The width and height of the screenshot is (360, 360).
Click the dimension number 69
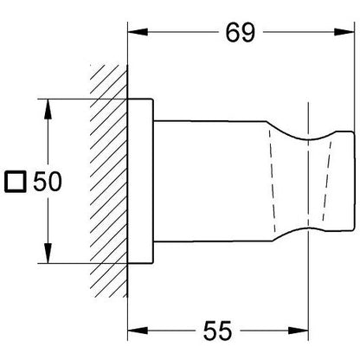(x=241, y=32)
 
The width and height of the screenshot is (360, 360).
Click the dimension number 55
(x=217, y=331)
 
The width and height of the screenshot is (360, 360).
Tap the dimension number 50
(x=48, y=181)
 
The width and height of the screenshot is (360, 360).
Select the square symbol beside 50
(x=16, y=182)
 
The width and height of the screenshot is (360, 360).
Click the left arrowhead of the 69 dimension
(x=138, y=32)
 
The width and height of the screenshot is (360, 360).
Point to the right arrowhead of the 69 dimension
(x=344, y=32)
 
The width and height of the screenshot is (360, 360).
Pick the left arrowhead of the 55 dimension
(x=138, y=331)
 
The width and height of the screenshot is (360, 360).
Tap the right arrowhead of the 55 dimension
(x=299, y=331)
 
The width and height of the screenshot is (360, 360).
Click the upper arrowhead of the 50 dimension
(x=48, y=109)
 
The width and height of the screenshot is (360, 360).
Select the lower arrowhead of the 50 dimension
(x=48, y=254)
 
